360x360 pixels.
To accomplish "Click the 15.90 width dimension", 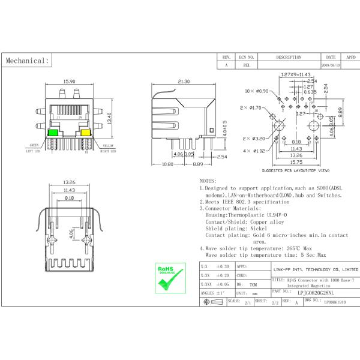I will pos(69,82).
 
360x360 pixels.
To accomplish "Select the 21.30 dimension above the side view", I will pos(184,82).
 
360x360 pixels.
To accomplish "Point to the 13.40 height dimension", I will pos(109,119).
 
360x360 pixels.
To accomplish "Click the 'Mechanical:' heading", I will pos(26,61).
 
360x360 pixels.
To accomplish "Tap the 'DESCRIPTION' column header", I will pos(289,57).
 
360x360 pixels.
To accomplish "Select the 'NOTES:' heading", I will pos(208,180).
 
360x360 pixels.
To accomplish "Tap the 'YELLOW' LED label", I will pos(108,145).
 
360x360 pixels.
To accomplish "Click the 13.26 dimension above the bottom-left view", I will pos(69,182).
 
